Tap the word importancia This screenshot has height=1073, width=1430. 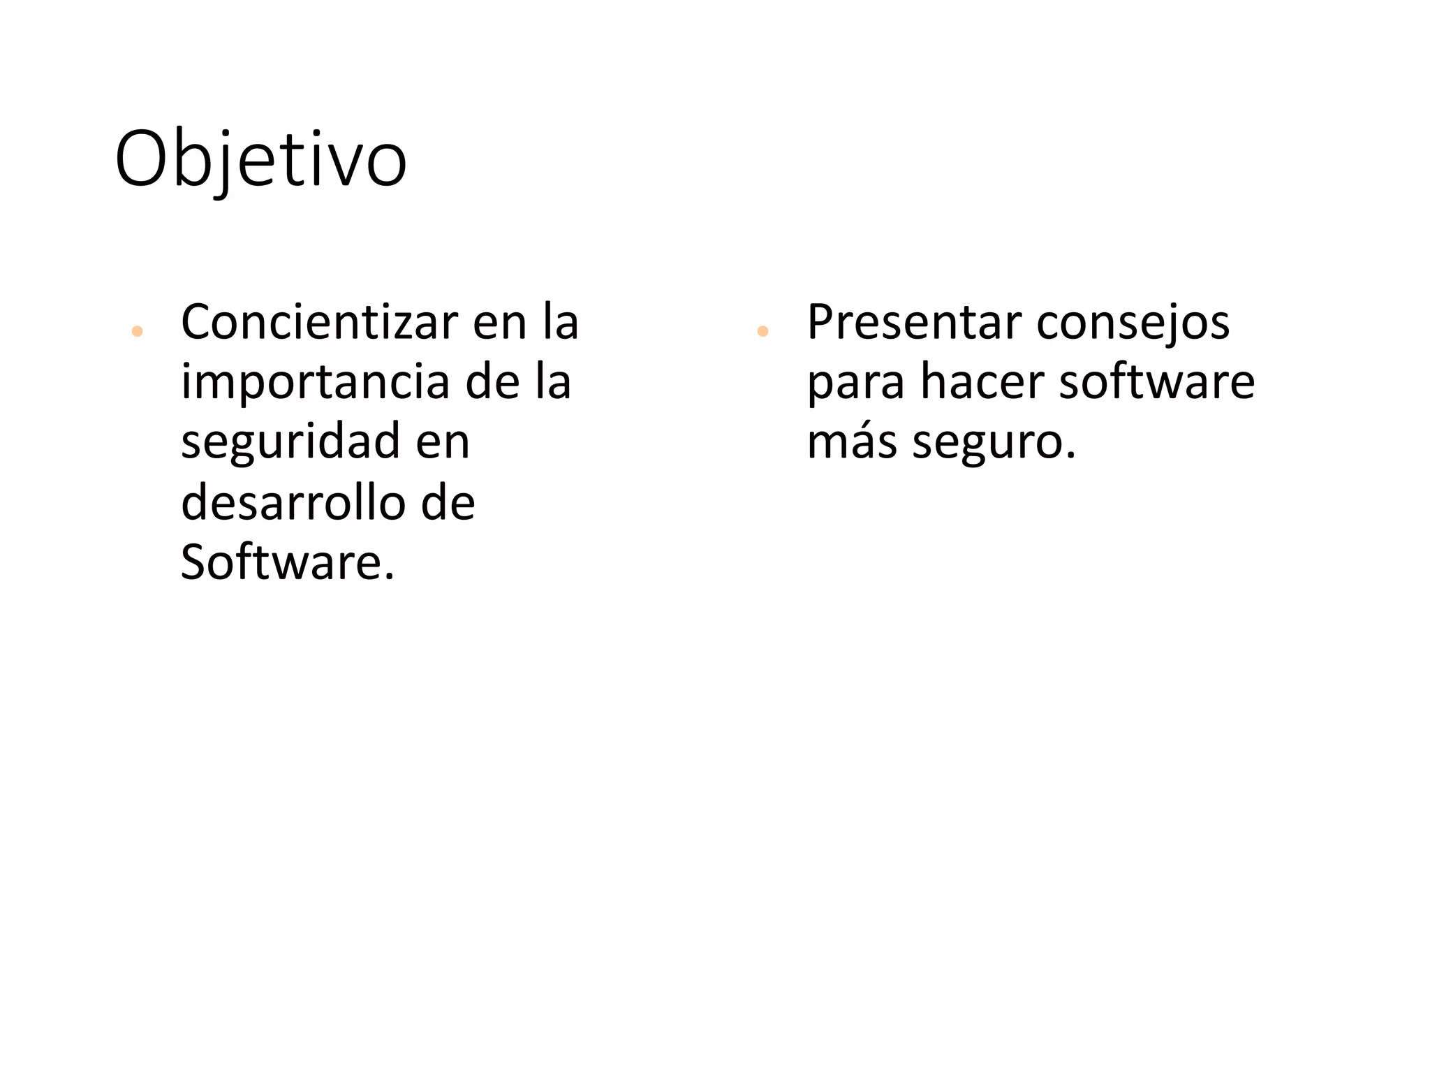[316, 382]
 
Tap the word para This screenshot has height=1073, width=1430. [855, 384]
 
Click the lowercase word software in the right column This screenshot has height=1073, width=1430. [1157, 382]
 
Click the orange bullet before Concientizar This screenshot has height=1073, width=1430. [137, 331]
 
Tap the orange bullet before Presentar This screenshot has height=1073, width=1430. [762, 331]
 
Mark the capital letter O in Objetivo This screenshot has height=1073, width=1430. [142, 159]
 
